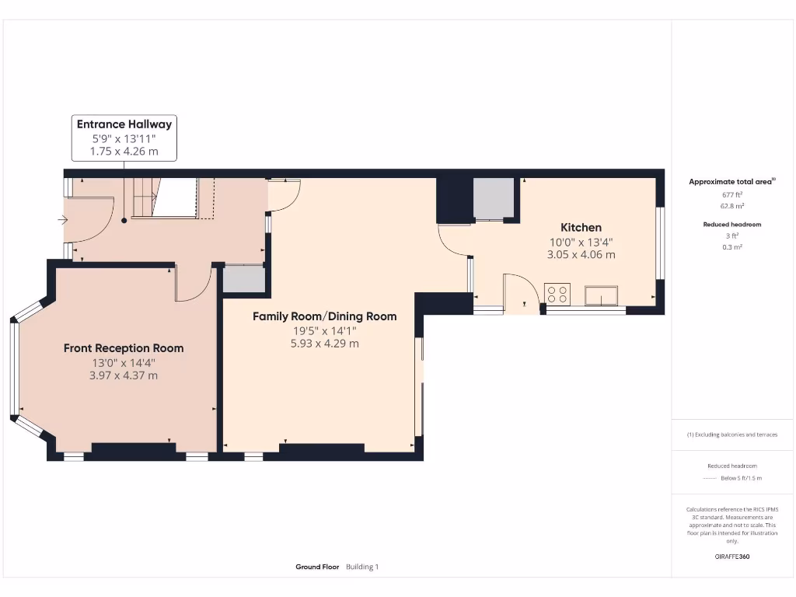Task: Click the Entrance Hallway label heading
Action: [x=124, y=124]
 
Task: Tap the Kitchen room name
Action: [x=581, y=228]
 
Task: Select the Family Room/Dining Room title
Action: [x=325, y=316]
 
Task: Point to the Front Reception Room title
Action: [x=124, y=348]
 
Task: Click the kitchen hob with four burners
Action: [x=557, y=294]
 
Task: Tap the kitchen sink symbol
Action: [x=602, y=295]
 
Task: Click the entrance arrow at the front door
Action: [x=62, y=220]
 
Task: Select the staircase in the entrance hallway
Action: [x=165, y=197]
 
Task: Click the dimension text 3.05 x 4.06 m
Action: [x=581, y=254]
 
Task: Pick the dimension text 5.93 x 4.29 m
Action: [x=325, y=343]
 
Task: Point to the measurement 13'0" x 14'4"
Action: [x=124, y=362]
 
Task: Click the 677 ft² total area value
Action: [x=731, y=194]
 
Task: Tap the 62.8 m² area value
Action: [x=731, y=206]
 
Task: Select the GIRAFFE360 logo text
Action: [x=732, y=557]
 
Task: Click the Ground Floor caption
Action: [x=317, y=567]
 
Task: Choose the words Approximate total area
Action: [x=731, y=182]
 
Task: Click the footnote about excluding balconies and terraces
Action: [x=732, y=435]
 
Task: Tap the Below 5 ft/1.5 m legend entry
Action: [x=741, y=478]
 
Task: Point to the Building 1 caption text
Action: [x=362, y=567]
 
